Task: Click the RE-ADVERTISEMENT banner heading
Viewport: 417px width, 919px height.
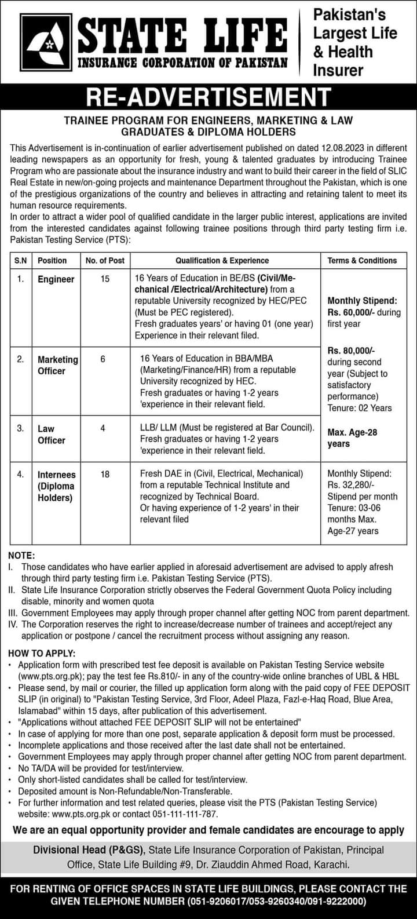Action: click(208, 97)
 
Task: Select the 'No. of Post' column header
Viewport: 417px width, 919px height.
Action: click(105, 261)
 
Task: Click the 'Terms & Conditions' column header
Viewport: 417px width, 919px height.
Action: click(362, 261)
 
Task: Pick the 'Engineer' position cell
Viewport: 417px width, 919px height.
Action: click(56, 279)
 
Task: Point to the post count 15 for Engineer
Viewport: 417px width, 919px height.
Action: click(105, 279)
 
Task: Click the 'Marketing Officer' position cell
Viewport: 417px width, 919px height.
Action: click(57, 365)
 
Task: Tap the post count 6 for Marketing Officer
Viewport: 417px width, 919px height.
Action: click(103, 359)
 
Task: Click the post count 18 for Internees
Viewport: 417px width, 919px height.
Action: click(105, 474)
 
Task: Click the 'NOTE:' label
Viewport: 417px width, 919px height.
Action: click(22, 556)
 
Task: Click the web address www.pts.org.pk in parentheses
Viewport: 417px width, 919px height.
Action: click(49, 676)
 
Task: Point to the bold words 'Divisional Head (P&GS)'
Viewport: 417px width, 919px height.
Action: click(89, 850)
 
